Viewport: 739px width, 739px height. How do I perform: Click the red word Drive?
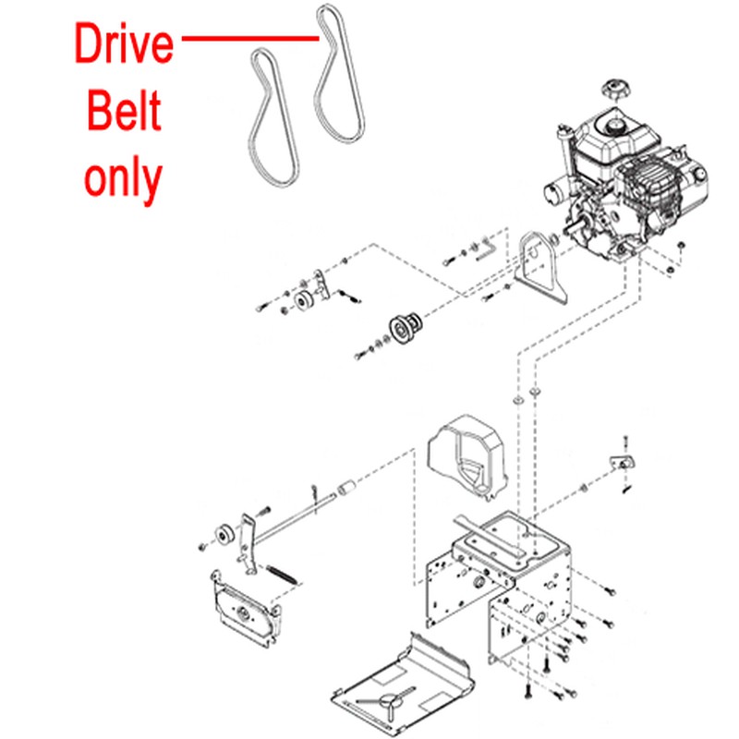(x=124, y=43)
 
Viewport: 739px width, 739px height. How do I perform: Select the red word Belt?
(x=124, y=110)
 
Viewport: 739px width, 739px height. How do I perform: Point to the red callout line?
(x=250, y=38)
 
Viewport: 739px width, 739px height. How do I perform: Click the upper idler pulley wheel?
(x=303, y=301)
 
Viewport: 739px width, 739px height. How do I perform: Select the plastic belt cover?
(x=467, y=454)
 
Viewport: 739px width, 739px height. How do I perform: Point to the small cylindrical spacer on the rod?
(x=347, y=488)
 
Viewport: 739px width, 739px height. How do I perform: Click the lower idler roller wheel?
(x=224, y=534)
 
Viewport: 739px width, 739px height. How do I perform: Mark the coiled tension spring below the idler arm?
(x=282, y=575)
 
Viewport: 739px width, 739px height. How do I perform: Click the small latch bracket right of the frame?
(x=623, y=463)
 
